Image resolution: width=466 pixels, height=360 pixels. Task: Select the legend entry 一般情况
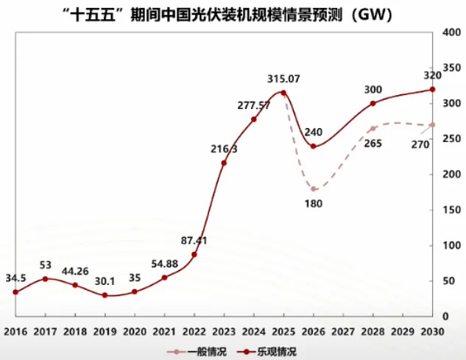195,352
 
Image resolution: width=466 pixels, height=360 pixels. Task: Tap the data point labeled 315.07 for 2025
283,93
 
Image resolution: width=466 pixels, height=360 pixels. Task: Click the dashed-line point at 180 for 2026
314,189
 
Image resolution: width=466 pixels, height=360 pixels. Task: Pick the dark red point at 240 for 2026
314,147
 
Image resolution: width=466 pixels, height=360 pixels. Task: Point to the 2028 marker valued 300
373,103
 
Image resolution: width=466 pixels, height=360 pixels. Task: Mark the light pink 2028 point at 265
373,128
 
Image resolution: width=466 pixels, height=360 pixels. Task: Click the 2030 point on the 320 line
432,90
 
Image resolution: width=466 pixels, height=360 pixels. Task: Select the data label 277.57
254,105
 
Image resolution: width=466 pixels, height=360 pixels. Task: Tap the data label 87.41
194,240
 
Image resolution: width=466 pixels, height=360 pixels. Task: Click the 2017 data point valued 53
46,279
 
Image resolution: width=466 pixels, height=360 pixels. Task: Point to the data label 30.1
105,280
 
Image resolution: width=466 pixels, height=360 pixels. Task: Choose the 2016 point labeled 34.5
15,292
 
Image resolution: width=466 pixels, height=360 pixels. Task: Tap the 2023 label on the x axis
224,332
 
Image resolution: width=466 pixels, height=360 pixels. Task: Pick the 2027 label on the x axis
343,332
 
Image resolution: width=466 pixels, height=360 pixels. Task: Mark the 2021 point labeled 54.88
164,278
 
